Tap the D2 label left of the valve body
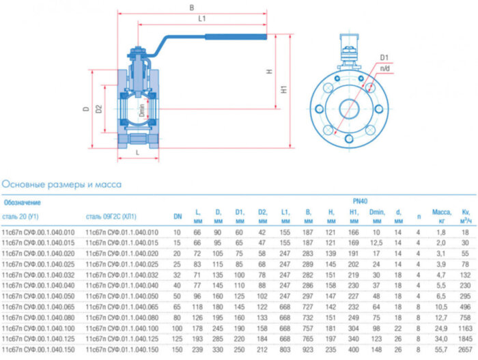[x=100, y=109]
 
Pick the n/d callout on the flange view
[x=386, y=68]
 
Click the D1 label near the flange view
[x=384, y=57]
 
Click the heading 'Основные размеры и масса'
[x=61, y=184]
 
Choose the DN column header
[x=178, y=217]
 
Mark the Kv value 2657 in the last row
[x=464, y=348]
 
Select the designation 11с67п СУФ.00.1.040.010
[x=39, y=232]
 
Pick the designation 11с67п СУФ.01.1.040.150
[x=121, y=348]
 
